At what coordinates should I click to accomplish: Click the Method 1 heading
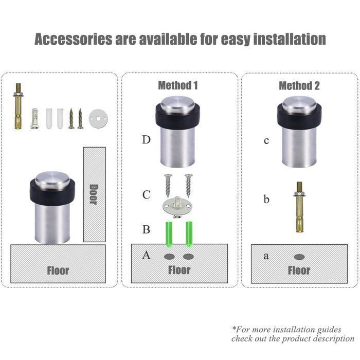(178, 85)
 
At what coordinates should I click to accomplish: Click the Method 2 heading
(299, 86)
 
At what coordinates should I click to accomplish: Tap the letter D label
(146, 139)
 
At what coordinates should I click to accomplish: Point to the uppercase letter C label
(147, 195)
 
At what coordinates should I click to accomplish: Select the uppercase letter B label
(146, 229)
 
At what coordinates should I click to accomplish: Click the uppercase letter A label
(146, 255)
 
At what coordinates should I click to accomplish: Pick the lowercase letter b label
(266, 199)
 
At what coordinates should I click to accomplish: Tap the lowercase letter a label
(266, 256)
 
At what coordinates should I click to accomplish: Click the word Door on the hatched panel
(94, 194)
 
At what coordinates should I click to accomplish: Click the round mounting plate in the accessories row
(98, 119)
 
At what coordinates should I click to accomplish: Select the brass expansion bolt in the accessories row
(17, 106)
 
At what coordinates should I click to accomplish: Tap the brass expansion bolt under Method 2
(299, 207)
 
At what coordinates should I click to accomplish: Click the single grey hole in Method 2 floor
(299, 257)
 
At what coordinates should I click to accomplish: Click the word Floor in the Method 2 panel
(299, 270)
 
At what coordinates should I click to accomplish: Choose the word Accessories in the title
(73, 39)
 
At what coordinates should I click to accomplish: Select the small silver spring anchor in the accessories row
(34, 118)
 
